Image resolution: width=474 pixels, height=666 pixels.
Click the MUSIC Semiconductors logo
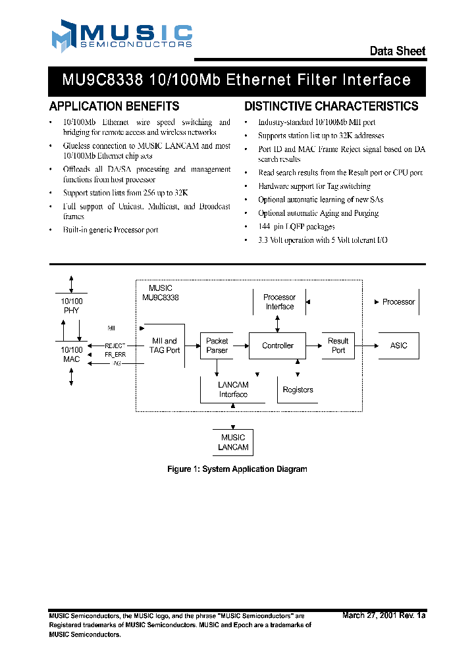122,36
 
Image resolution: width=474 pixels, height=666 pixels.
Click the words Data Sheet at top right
397,51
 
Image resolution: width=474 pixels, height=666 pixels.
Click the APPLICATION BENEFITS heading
114,106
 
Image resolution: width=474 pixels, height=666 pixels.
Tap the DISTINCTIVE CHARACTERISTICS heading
331,106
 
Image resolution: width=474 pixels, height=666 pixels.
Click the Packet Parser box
217,346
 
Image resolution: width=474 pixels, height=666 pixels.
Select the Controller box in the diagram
277,346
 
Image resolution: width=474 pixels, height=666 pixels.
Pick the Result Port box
338,346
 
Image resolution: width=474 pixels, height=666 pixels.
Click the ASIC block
398,346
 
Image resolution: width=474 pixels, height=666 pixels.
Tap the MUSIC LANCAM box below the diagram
233,442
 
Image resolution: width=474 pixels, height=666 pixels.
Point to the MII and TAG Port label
165,346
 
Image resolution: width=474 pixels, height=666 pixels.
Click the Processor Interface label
280,302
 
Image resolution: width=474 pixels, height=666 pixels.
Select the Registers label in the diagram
298,390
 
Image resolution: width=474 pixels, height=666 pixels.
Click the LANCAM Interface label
233,390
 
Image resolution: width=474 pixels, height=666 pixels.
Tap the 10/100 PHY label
71,305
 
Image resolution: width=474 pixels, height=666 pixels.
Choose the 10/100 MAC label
71,354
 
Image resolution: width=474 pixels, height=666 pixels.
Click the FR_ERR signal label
115,354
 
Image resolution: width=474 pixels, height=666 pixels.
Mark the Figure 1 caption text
237,469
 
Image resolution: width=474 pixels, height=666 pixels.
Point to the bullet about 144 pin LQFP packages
296,226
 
